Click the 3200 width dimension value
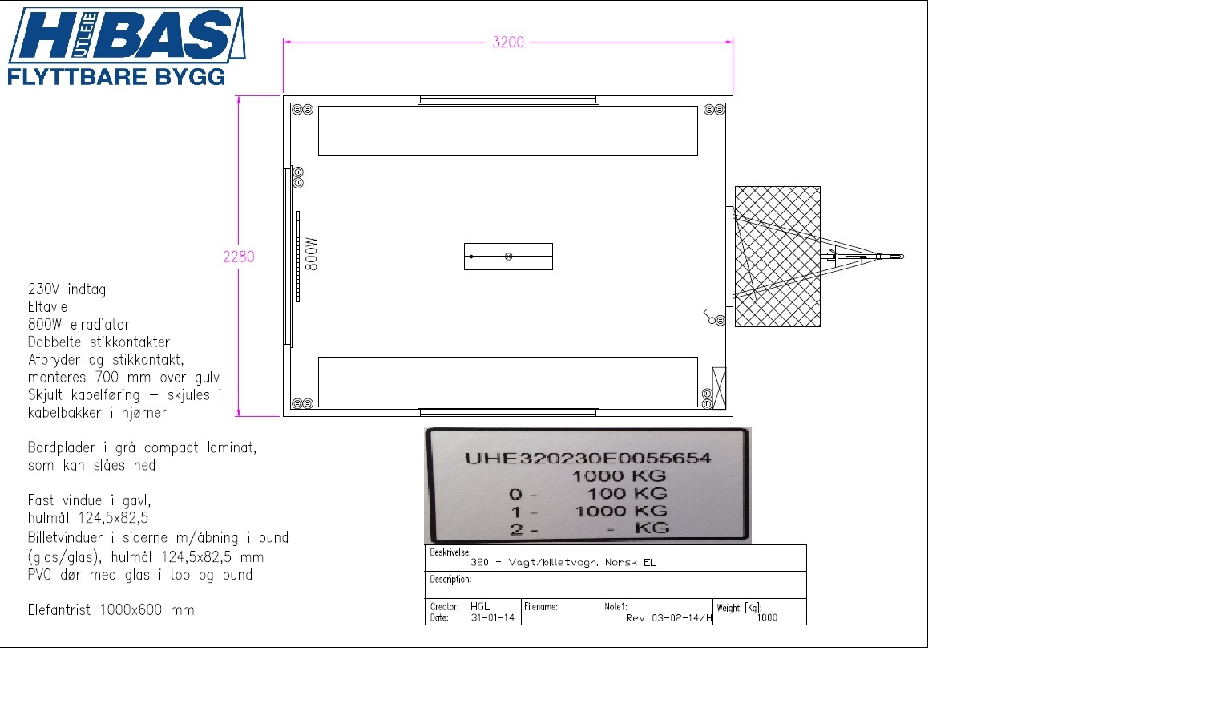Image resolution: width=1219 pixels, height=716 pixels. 508,42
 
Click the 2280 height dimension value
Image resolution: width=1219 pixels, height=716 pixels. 238,257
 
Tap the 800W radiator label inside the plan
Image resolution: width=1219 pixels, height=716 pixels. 311,254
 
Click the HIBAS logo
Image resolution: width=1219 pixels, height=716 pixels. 127,34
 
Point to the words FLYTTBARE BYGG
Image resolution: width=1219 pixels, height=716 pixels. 116,76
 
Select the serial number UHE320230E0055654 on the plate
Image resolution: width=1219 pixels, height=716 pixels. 587,458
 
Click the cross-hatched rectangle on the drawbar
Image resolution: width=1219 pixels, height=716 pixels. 777,257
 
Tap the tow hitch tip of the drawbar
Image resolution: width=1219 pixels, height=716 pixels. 901,257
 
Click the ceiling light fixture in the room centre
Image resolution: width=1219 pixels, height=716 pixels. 508,257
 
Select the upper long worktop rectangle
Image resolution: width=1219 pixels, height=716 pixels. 508,131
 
